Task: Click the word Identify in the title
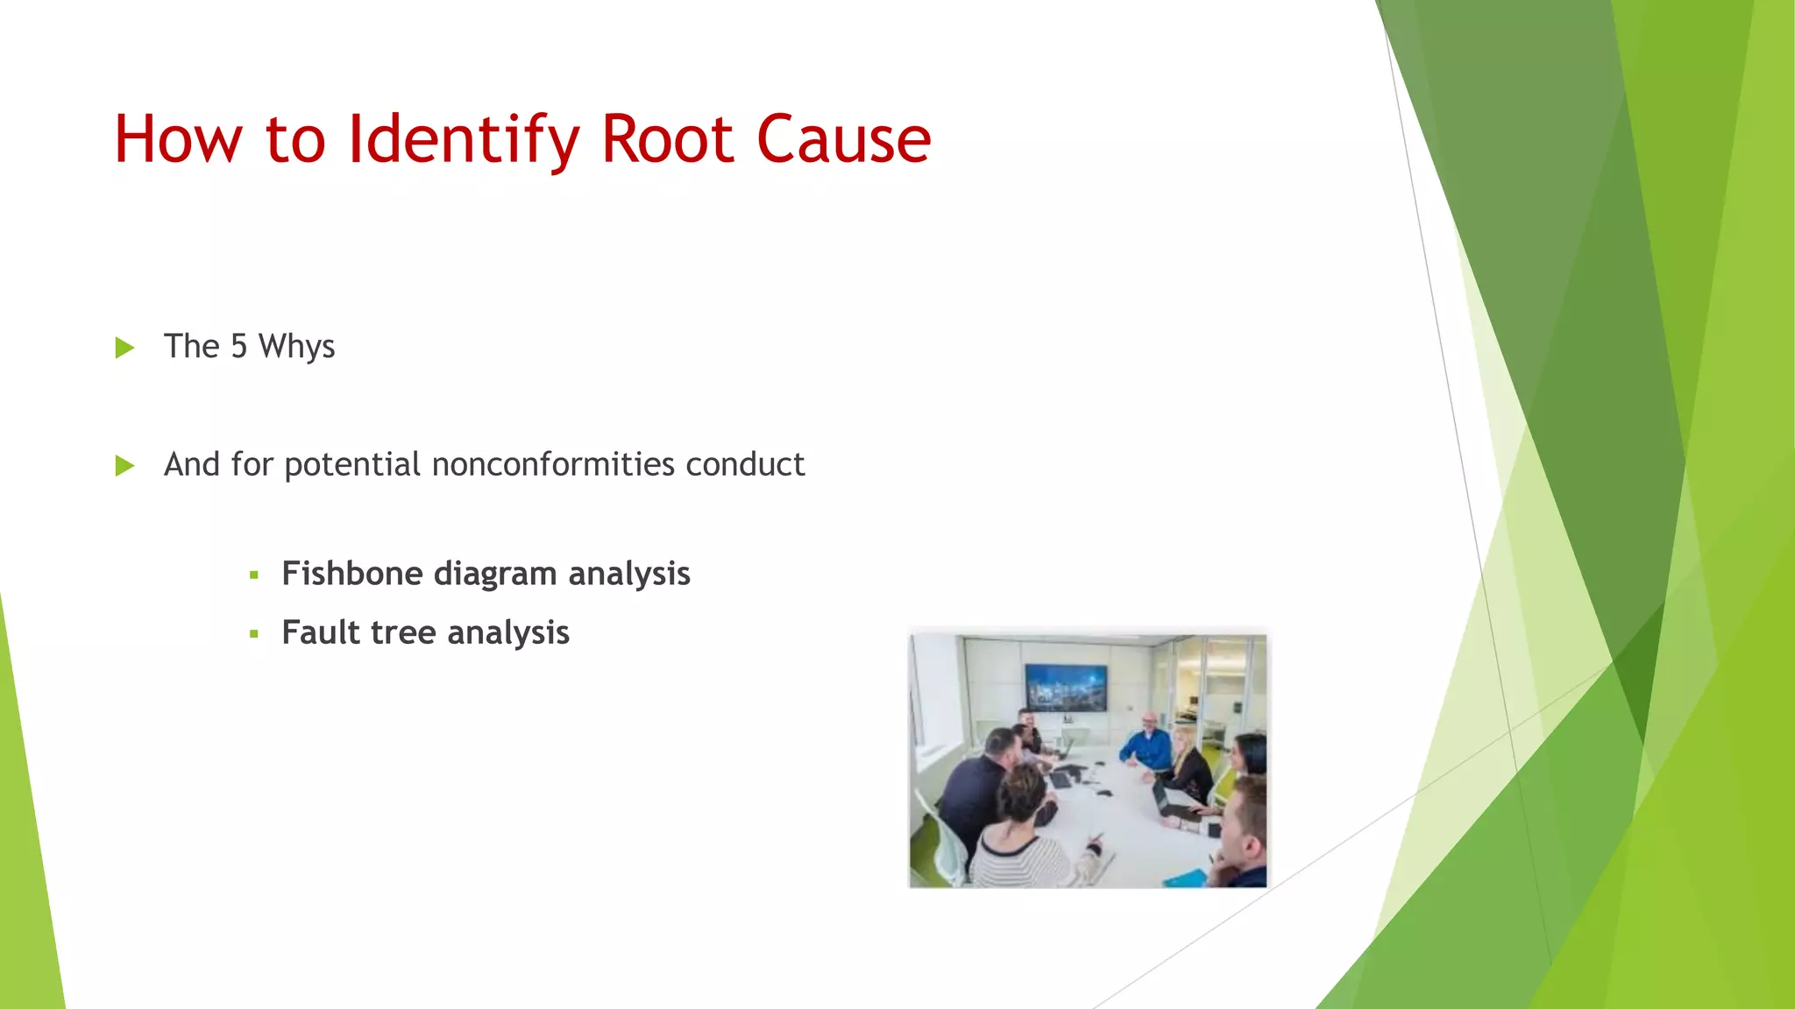(464, 140)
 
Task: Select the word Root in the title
(667, 140)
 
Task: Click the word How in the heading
(178, 140)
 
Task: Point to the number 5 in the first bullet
(238, 347)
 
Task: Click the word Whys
(296, 348)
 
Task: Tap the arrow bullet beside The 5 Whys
(124, 348)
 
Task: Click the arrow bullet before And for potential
(124, 465)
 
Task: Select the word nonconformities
(553, 464)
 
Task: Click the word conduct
(744, 464)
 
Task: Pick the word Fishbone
(352, 574)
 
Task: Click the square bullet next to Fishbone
(254, 575)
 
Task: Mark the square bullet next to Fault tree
(254, 633)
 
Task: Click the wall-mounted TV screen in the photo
(1066, 687)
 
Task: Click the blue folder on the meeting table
(1185, 877)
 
